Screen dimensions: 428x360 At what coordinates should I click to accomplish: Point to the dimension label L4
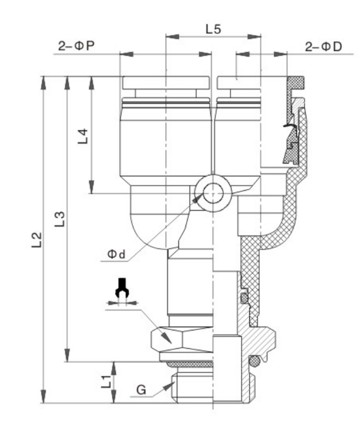[82, 136]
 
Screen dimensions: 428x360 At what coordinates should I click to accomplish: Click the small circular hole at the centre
[213, 193]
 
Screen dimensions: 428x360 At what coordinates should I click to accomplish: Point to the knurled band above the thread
[188, 364]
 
